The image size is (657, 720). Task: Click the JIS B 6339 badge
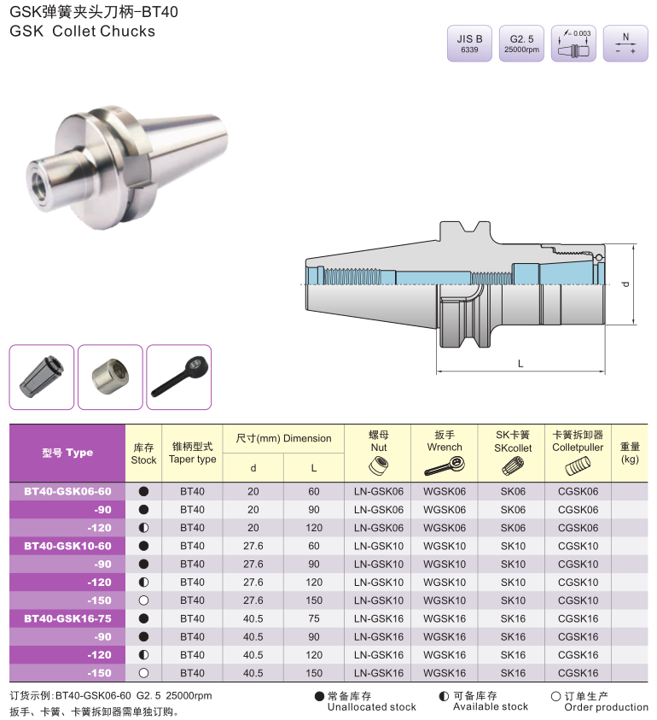(x=469, y=44)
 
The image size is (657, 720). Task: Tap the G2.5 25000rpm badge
(x=521, y=44)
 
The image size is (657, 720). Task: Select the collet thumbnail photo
(x=42, y=377)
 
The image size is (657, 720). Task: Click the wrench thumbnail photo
(x=179, y=377)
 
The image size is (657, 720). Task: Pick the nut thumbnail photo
(x=110, y=377)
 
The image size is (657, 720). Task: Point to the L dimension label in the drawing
(x=520, y=364)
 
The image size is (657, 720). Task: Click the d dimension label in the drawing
(x=625, y=284)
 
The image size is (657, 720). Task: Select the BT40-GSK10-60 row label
(x=67, y=546)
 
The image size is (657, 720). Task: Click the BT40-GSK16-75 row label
(x=67, y=618)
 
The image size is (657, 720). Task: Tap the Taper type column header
(x=192, y=453)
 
